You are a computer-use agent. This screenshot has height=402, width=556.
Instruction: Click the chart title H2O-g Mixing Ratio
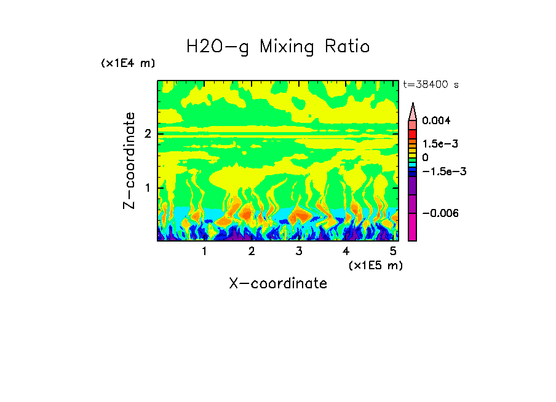click(x=278, y=47)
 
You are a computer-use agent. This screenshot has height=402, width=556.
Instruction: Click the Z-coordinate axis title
click(x=129, y=160)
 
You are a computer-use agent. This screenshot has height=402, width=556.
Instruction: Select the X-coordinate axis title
click(x=278, y=283)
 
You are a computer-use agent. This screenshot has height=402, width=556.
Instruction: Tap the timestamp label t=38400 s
click(x=431, y=85)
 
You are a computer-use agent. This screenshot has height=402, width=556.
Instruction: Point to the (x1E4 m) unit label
click(x=128, y=63)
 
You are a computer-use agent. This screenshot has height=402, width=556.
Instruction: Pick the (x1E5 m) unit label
click(x=375, y=265)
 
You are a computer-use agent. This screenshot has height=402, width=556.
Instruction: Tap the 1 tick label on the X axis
click(x=204, y=251)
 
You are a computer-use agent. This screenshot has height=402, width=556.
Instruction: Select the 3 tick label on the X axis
click(x=299, y=251)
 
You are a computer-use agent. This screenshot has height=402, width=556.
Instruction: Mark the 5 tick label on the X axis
click(x=393, y=251)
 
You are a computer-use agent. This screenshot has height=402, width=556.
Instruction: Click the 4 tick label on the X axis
click(x=346, y=251)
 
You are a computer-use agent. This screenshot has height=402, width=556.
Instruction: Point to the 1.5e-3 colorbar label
click(x=437, y=144)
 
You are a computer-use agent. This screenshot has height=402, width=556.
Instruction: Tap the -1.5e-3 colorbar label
click(x=440, y=171)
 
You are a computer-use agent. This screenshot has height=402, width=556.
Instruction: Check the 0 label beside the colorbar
click(x=425, y=157)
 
